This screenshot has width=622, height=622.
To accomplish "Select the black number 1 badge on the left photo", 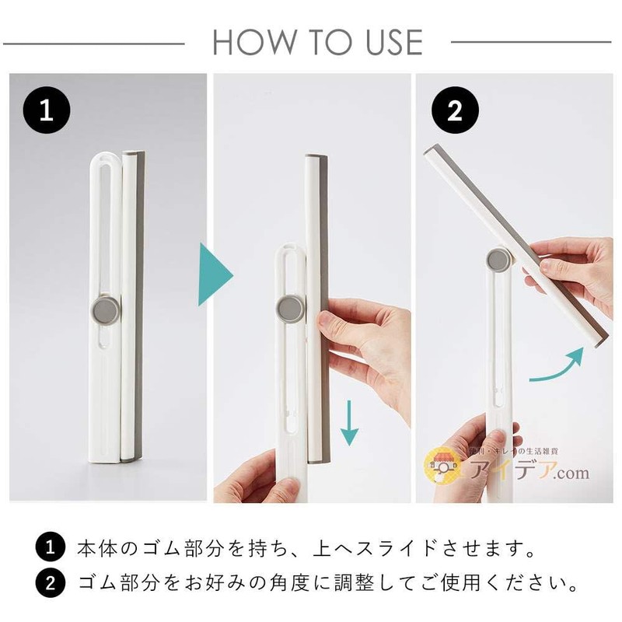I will (46, 111).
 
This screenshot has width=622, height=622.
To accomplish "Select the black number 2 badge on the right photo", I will (454, 111).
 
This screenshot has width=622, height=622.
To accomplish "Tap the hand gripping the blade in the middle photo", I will (365, 342).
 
